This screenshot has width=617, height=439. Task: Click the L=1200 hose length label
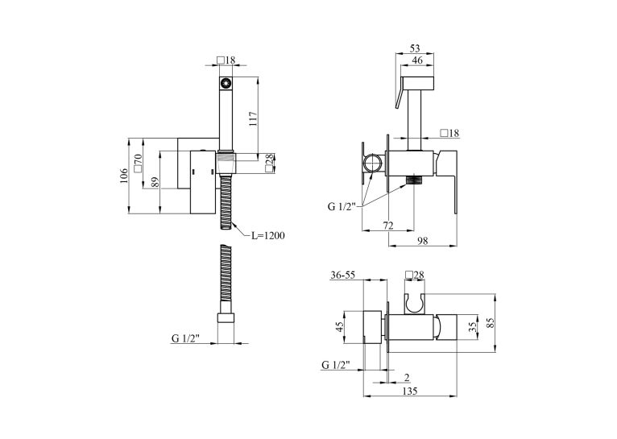point(268,236)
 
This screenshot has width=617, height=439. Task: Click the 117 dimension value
point(253,118)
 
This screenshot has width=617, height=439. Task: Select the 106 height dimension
point(124,176)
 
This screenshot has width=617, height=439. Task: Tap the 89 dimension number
point(155,182)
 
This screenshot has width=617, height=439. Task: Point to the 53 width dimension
point(415,48)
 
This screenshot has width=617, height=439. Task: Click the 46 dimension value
point(416,60)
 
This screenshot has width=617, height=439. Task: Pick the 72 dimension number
point(388,226)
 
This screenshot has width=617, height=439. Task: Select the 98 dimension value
point(423,240)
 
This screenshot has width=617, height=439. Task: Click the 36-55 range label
point(343,275)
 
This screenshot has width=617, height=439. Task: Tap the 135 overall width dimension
point(410,391)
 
